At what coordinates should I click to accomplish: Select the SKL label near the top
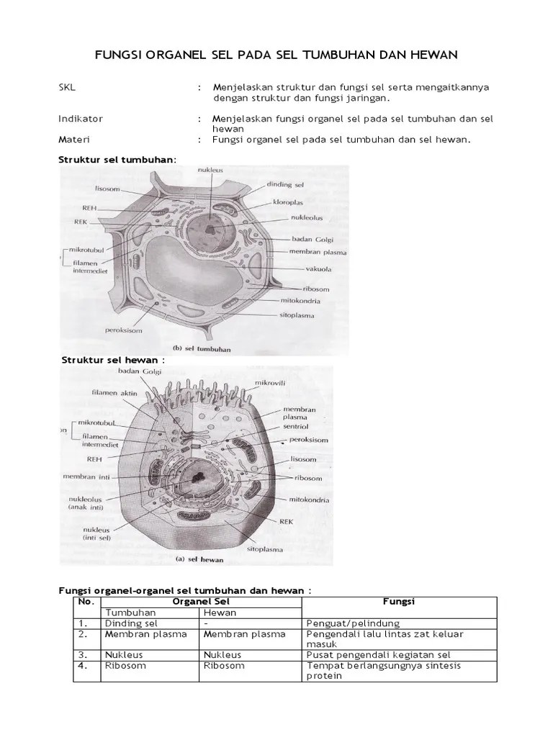coord(67,87)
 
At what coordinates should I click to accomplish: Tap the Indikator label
coord(80,118)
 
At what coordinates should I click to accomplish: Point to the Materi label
coord(73,139)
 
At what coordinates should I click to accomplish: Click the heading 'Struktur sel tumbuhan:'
coord(117,159)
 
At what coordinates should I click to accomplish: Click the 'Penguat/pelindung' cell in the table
coord(353,623)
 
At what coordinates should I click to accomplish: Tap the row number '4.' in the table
coord(84,666)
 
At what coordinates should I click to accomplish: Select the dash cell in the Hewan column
coord(207,623)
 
